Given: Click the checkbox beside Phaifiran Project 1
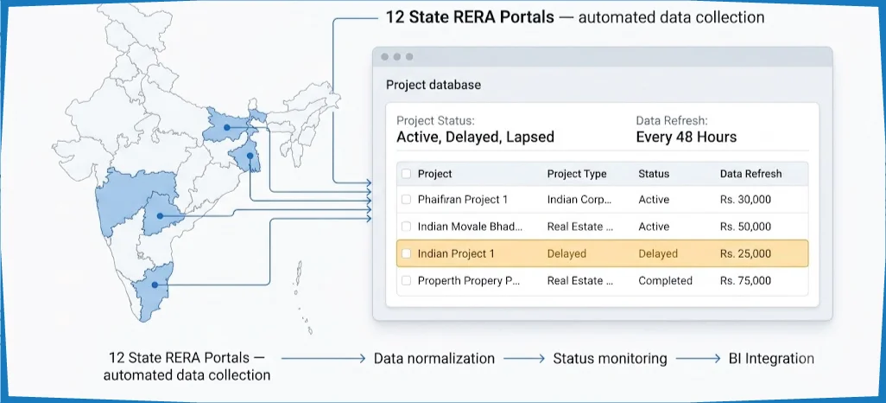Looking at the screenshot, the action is coord(406,199).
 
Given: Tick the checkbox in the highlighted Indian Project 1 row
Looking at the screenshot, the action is coord(406,253).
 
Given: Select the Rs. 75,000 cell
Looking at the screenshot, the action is coord(745,281).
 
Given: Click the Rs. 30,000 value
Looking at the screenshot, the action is coord(745,199).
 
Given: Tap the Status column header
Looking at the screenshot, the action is coord(654,174).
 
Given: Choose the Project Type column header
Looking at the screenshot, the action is coord(576,174).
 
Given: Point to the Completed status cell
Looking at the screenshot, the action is coord(665,281).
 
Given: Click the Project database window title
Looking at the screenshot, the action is coord(434,85).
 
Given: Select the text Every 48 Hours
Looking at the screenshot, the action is coord(686,137).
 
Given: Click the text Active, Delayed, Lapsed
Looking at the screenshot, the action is coord(475,138).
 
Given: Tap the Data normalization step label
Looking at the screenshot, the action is coord(434,358).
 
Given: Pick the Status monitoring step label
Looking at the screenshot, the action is coord(610,358).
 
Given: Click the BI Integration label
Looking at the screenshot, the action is coord(771,358).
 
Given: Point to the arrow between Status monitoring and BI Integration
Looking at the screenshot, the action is coord(698,358).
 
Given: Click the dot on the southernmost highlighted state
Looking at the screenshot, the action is coord(155,285).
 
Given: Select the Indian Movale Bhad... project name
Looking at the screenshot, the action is coord(470,227).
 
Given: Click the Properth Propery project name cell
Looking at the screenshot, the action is coord(468,281).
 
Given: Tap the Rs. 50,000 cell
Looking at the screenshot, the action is coord(745,227).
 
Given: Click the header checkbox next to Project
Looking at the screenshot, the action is coord(406,174).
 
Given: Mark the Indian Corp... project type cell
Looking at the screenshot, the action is coord(579,199).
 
